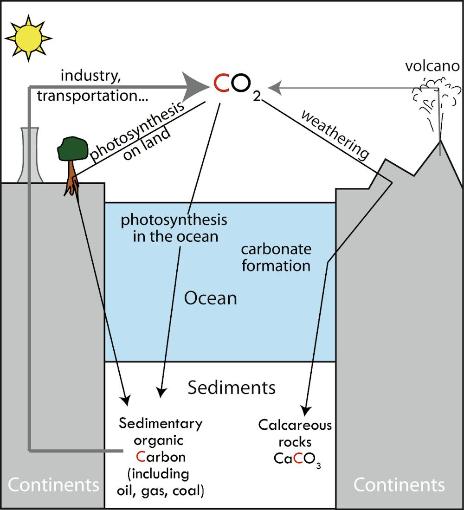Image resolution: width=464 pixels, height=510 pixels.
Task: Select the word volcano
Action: pyautogui.click(x=432, y=66)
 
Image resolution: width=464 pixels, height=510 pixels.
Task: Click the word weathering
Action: pyautogui.click(x=335, y=135)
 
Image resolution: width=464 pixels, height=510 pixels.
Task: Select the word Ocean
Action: pyautogui.click(x=211, y=297)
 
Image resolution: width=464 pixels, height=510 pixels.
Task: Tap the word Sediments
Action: pyautogui.click(x=232, y=387)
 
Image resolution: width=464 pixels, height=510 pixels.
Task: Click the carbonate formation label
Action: pyautogui.click(x=276, y=257)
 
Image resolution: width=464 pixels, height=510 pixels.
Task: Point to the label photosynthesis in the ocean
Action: pyautogui.click(x=174, y=228)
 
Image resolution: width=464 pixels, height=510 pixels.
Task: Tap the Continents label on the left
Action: pyautogui.click(x=53, y=485)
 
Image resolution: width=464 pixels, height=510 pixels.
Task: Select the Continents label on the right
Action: pyautogui.click(x=399, y=485)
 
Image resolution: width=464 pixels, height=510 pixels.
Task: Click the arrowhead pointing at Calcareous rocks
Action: pyautogui.click(x=304, y=411)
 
